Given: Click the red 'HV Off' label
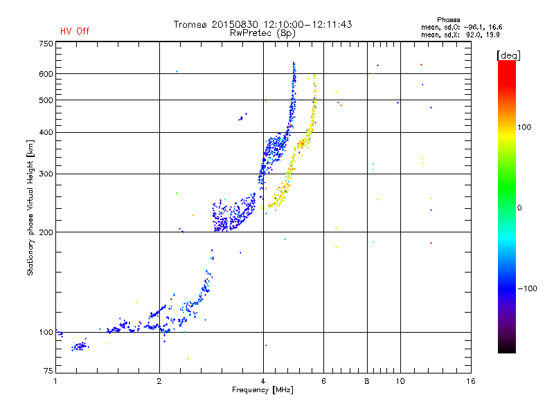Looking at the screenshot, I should (75, 31).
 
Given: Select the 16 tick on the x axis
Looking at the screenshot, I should (470, 381).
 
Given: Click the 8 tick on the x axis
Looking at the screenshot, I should (367, 381).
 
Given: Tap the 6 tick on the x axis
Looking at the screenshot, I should (323, 381).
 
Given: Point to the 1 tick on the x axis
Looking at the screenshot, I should (56, 381).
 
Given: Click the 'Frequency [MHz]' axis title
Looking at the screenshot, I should (262, 390).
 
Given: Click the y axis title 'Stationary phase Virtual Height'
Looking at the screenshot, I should (30, 208).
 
